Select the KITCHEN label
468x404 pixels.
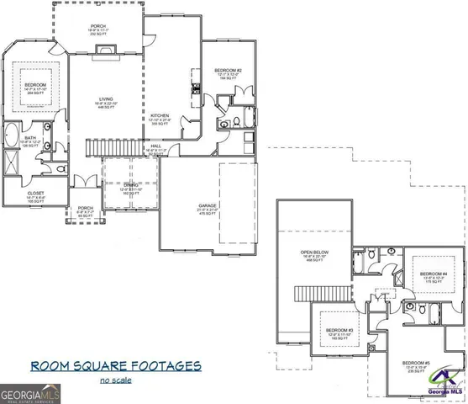click(161, 117)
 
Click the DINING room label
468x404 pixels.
click(129, 186)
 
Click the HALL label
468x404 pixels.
click(156, 146)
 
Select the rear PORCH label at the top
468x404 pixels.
click(99, 28)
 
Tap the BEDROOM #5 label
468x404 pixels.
click(416, 363)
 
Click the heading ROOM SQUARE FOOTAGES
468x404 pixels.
click(116, 366)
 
